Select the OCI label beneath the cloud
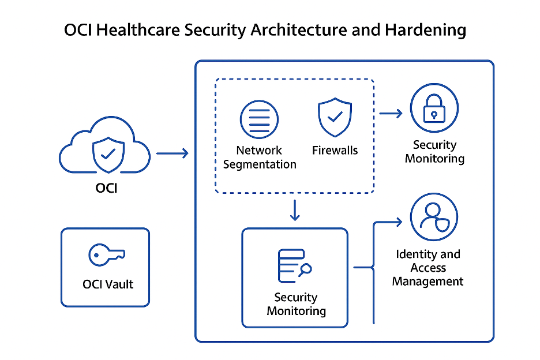tap(106, 187)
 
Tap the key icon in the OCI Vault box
tap(106, 254)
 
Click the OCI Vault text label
tap(107, 284)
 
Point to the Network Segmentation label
tap(260, 157)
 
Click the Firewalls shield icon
tap(335, 117)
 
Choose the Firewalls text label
tap(335, 151)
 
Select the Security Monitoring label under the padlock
tap(434, 152)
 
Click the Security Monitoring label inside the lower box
tap(296, 304)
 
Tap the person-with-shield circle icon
tap(434, 217)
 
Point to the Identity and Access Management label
tap(428, 268)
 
